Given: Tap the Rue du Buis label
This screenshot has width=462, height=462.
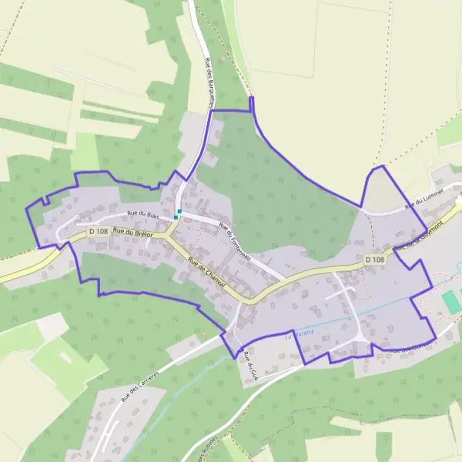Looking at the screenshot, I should coord(142,215).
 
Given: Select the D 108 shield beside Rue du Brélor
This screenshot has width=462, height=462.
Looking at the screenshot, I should coord(98,231).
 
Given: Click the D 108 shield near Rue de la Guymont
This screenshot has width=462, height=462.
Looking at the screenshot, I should coord(375,260).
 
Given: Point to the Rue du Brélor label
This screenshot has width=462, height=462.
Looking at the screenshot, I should coord(133,231).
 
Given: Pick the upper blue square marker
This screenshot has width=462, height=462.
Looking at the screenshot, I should coord(179,211).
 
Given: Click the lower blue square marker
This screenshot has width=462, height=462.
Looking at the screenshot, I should coord(176,217).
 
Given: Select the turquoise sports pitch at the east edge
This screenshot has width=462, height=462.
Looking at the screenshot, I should coord(451,301).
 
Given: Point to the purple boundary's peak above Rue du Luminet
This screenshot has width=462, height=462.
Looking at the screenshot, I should coord(378,166).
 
